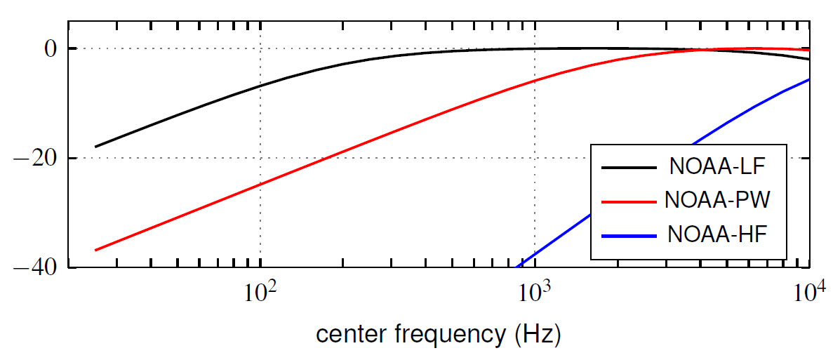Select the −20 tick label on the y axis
pos(38,158)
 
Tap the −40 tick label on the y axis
pos(38,267)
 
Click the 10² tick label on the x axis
pos(260,291)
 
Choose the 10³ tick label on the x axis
pos(535,291)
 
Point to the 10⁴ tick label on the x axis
pos(809,291)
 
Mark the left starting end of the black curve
pos(95,147)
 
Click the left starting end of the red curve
pos(95,250)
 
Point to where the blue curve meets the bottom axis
pos(517,267)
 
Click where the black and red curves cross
pos(700,50)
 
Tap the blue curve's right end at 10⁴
pos(809,79)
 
